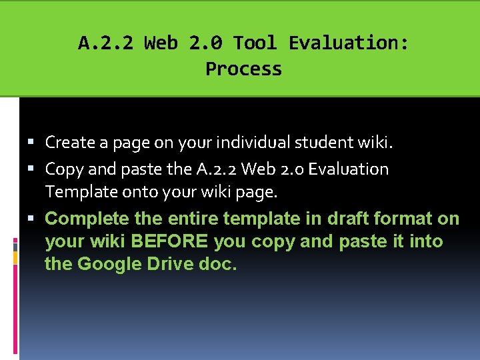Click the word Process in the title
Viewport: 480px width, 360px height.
pyautogui.click(x=243, y=69)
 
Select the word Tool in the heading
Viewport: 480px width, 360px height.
pyautogui.click(x=255, y=43)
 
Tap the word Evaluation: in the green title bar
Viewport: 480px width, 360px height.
pyautogui.click(x=349, y=43)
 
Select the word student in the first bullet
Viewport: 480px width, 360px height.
pyautogui.click(x=331, y=142)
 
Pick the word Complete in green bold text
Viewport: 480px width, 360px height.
pyautogui.click(x=87, y=219)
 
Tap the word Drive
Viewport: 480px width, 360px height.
pyautogui.click(x=167, y=264)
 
